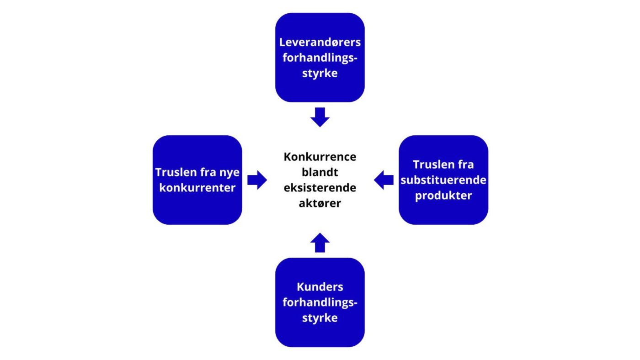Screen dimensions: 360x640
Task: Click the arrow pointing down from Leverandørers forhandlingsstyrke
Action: tap(320, 117)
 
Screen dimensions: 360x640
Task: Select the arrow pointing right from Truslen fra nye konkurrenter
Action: tap(257, 180)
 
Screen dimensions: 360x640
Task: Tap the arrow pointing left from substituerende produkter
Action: tap(384, 180)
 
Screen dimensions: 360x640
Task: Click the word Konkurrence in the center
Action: tap(320, 157)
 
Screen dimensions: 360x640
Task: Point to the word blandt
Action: tap(320, 172)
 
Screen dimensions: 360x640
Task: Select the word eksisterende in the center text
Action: tap(320, 188)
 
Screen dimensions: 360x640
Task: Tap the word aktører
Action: tap(320, 203)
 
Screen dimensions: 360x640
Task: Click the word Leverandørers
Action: tap(320, 42)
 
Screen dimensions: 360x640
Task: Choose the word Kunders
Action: tap(320, 287)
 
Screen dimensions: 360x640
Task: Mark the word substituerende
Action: tap(443, 180)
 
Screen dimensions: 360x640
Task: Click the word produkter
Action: tap(443, 196)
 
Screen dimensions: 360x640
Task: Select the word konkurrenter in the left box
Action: tap(197, 188)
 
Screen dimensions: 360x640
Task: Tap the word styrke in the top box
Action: tap(320, 73)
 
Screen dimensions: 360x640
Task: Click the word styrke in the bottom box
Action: tap(320, 318)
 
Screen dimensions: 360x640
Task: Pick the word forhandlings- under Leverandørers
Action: tap(320, 58)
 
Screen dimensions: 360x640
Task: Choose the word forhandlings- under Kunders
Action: tap(320, 302)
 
